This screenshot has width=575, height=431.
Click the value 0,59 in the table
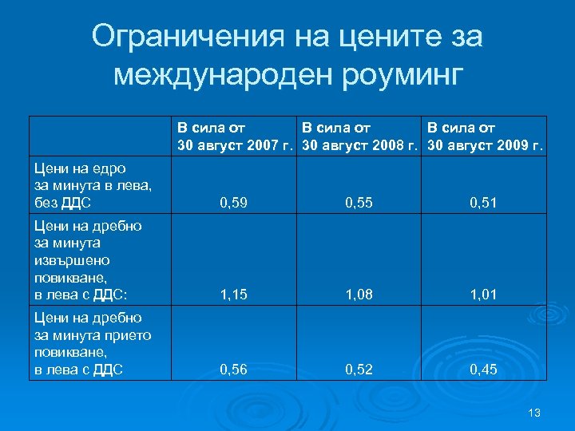pos(233,204)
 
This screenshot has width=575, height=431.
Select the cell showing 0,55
pos(358,204)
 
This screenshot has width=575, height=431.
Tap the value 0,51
pos(483,204)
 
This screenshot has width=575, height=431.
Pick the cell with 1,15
pos(233,295)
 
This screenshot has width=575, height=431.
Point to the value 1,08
pos(358,295)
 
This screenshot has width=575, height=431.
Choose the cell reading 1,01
pos(483,295)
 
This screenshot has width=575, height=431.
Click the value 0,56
pos(233,370)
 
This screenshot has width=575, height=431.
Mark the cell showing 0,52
pos(358,370)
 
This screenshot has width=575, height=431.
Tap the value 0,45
pos(483,370)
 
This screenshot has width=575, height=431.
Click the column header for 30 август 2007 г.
pos(236,136)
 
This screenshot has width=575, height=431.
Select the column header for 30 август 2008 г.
pos(361,136)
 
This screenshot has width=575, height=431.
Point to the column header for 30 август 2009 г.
pos(486,136)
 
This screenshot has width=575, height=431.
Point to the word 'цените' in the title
pos(375,36)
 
